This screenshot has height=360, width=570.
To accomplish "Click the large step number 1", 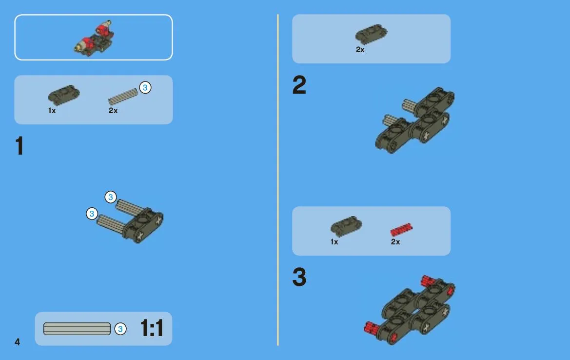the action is (x=20, y=146).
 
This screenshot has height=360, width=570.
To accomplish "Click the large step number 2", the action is (x=299, y=85).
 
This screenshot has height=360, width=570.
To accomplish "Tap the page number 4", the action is (x=17, y=342).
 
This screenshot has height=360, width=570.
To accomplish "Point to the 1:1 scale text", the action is (x=152, y=328).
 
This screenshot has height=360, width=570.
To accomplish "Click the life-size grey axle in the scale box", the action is (x=77, y=329).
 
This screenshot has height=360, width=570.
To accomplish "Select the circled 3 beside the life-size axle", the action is (x=120, y=329).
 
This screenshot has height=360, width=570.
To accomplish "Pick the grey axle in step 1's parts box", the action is (x=123, y=97).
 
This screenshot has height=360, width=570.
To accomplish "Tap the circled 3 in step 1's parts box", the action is (x=145, y=88).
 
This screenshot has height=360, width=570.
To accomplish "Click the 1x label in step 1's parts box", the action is (x=52, y=111).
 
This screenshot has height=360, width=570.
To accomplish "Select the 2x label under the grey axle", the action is (x=113, y=111).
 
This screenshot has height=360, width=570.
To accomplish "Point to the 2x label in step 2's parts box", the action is (x=360, y=50).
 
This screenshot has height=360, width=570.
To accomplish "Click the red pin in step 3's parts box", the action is (x=401, y=230).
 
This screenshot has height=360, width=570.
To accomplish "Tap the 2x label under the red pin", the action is (x=395, y=242).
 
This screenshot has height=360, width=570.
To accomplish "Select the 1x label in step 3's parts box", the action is (x=334, y=242).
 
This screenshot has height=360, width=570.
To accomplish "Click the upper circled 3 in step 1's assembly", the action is (x=111, y=197).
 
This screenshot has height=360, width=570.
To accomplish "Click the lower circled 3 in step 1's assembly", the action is (x=92, y=214).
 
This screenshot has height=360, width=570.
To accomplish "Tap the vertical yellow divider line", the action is (x=278, y=180).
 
